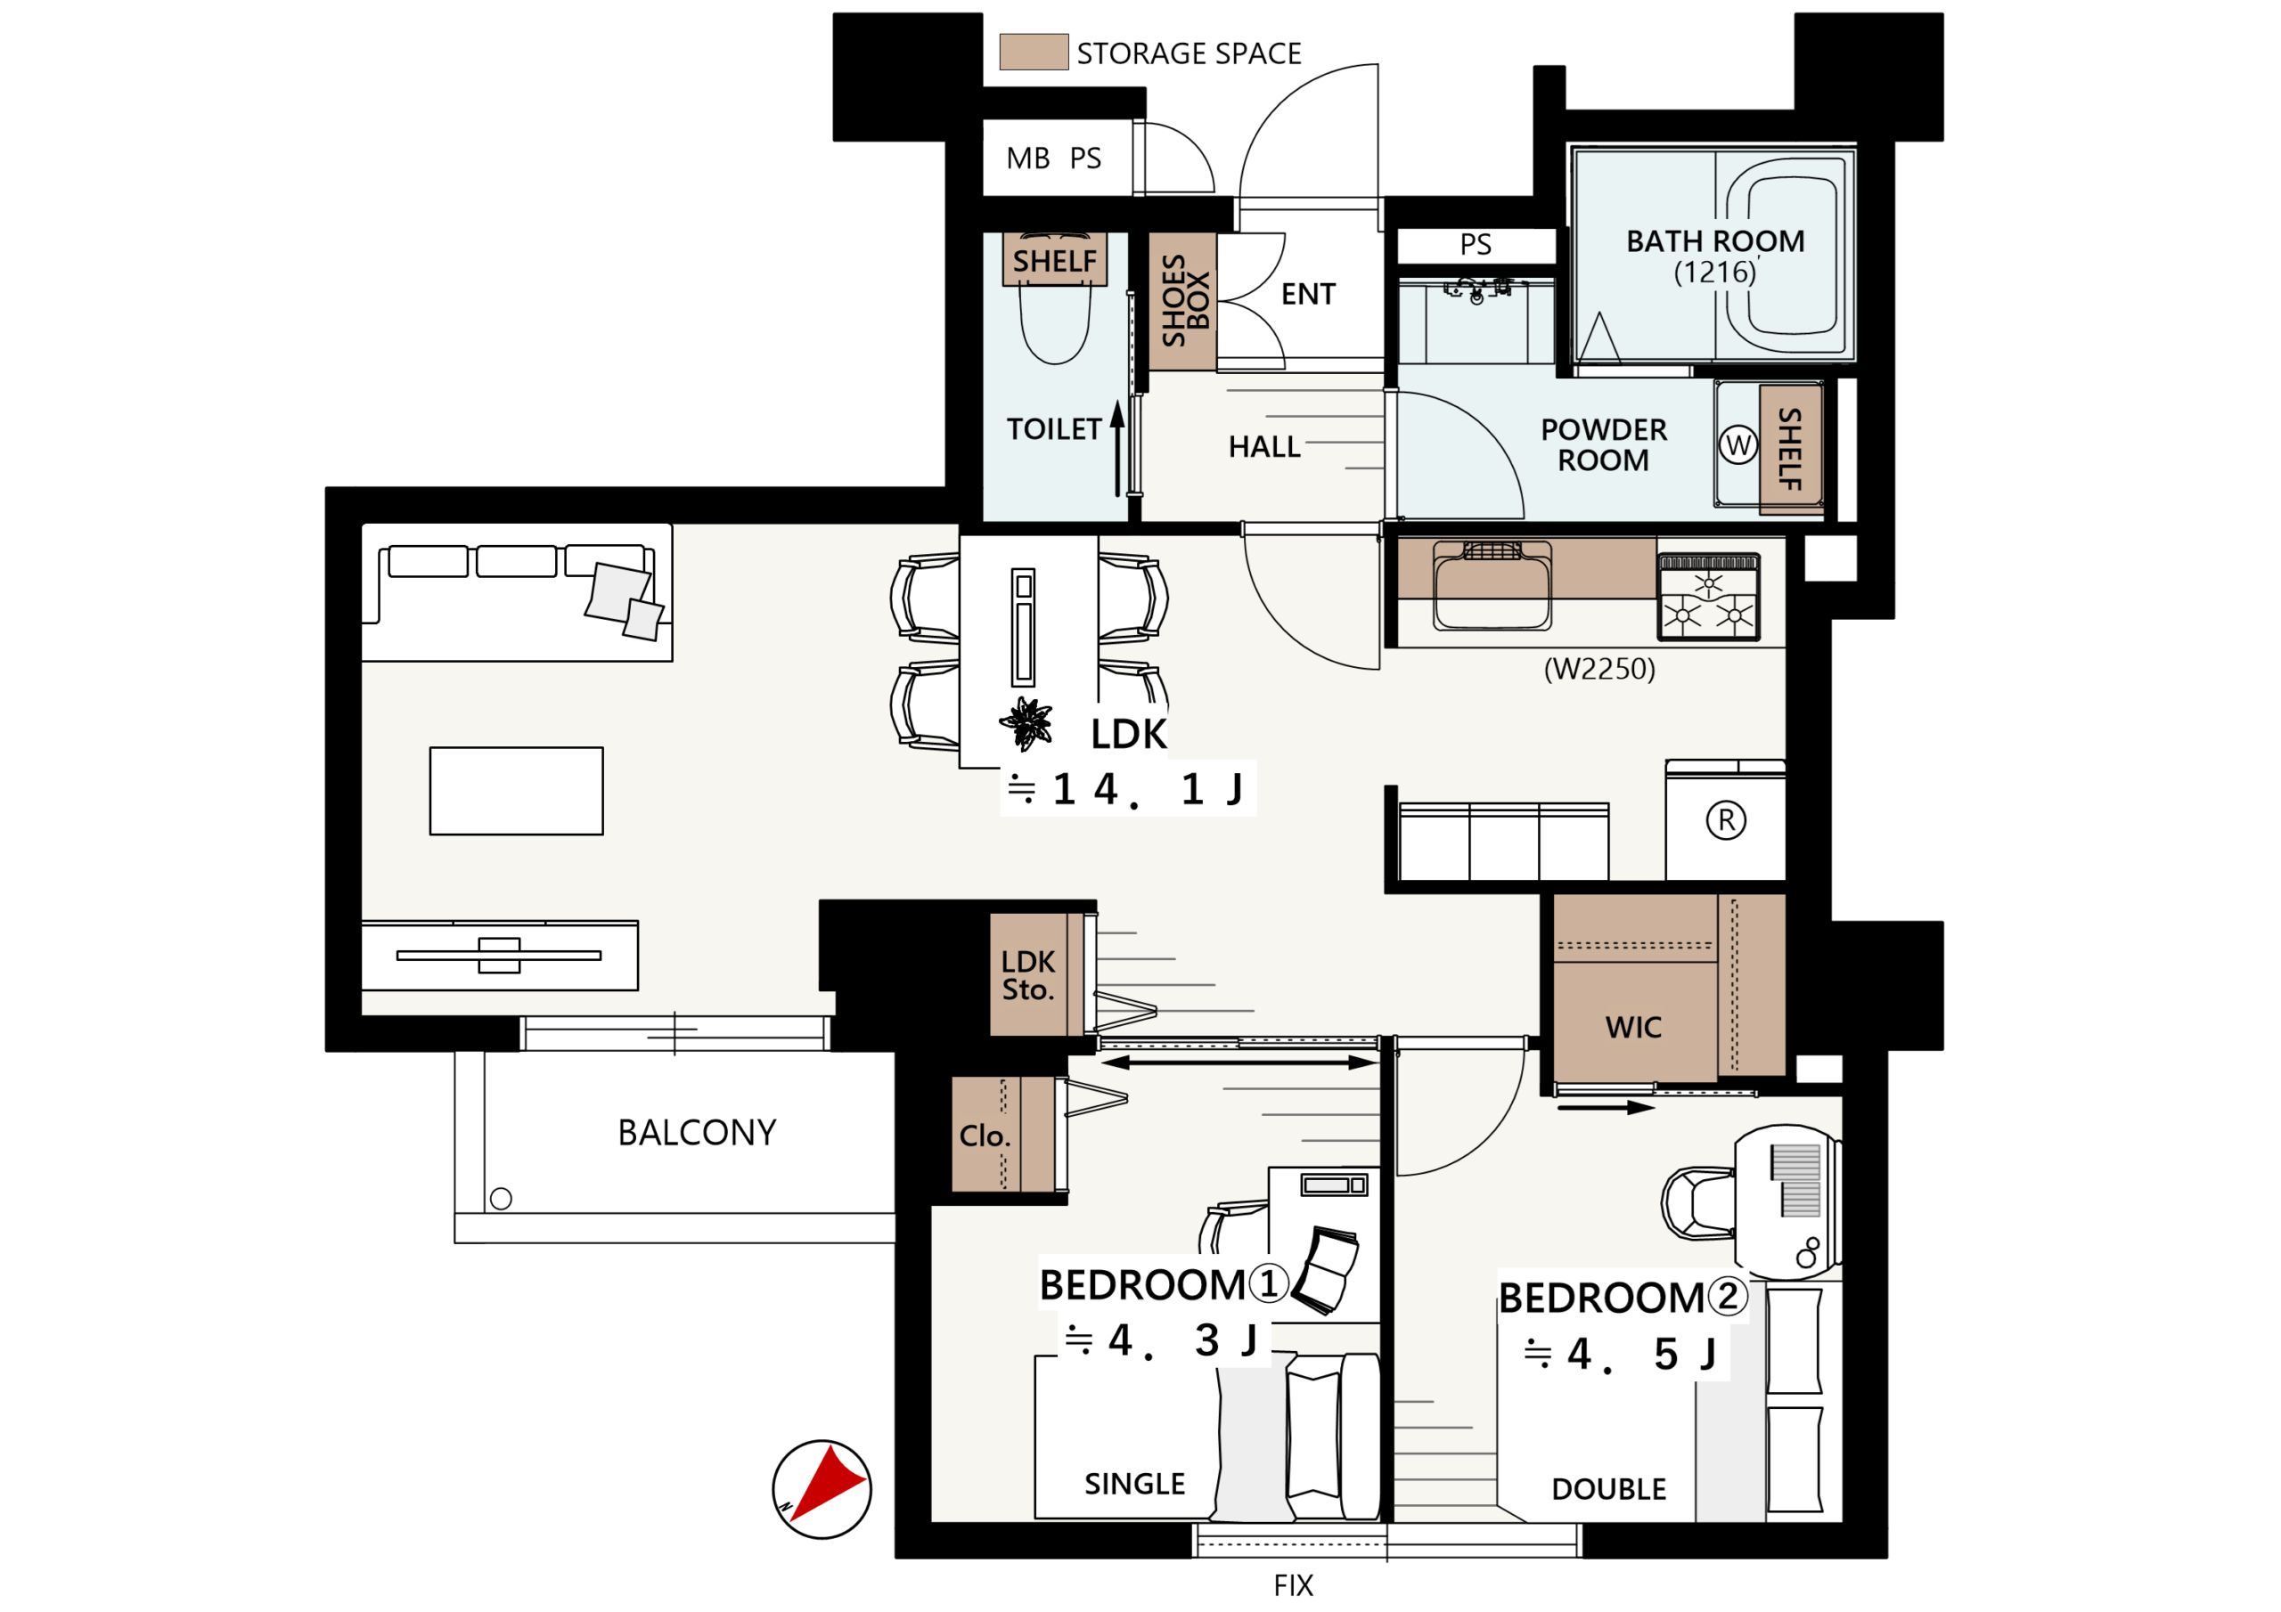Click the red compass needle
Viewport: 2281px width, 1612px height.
(x=827, y=1482)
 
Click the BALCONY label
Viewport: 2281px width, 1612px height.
(x=698, y=1132)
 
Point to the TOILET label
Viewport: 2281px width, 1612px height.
(x=1053, y=429)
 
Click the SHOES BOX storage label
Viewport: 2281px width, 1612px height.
(x=1186, y=300)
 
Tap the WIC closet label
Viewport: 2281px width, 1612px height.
(x=1633, y=1027)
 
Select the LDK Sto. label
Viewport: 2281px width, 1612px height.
(x=1028, y=975)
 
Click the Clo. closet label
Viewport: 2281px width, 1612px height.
(x=985, y=1136)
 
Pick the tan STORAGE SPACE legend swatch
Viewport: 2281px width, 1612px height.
(x=1034, y=52)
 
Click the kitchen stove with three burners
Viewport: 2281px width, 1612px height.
(x=1709, y=596)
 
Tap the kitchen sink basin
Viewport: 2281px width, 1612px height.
(x=1492, y=586)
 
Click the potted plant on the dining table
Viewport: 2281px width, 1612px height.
(x=1026, y=723)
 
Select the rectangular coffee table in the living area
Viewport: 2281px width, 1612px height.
(x=517, y=791)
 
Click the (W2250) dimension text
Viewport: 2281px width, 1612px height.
(x=1599, y=669)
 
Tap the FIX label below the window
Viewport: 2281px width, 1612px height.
(x=1294, y=1585)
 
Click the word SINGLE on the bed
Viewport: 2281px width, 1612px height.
(x=1134, y=1484)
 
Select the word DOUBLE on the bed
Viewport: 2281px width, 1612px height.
(x=1608, y=1489)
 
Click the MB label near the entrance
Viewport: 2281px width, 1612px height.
(x=1027, y=158)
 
